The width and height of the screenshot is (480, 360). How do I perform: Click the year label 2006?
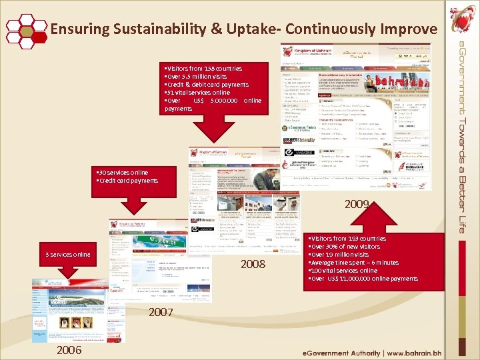[69, 350]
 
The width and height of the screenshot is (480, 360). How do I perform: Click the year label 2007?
[162, 312]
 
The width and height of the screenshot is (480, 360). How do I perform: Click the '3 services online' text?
[67, 255]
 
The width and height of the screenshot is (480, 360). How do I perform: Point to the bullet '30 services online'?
[123, 173]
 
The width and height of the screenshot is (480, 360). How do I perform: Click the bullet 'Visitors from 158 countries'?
[203, 69]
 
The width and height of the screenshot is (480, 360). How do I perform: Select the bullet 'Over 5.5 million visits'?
[197, 77]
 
